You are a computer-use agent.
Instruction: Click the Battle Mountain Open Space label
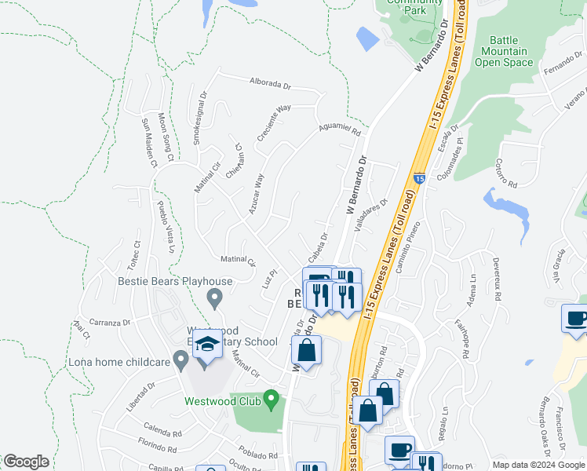coord(509,51)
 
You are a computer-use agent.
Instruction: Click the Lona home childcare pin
coord(180,361)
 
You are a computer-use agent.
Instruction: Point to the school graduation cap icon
coord(207,346)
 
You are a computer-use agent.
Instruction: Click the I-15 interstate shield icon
coord(419,179)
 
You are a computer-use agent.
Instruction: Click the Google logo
coord(26,462)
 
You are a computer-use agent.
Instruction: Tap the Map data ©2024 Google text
coord(538,465)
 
